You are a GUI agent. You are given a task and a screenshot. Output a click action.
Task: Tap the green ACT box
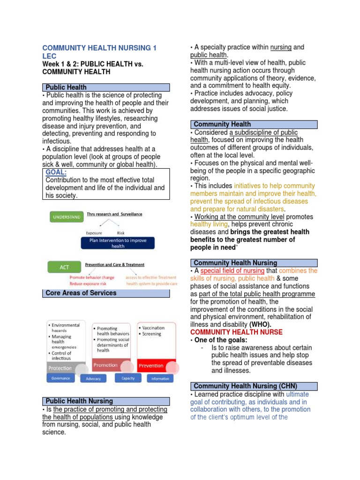(64, 267)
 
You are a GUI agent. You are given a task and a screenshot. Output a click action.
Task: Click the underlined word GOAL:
(56, 172)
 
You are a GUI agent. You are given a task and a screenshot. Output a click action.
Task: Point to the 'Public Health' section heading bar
(106, 87)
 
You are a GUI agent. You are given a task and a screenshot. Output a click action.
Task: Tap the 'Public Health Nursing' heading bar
(106, 401)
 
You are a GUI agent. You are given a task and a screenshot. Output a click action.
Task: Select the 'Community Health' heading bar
(254, 124)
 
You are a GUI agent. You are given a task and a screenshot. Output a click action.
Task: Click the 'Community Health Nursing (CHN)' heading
(254, 386)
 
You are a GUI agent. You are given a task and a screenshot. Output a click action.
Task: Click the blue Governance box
(60, 378)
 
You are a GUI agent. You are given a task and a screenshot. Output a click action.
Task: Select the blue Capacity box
(127, 378)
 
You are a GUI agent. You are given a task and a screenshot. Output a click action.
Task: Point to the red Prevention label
(151, 366)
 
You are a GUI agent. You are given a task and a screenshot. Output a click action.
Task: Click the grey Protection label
(60, 368)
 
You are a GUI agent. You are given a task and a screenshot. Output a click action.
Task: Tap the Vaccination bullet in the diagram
(153, 328)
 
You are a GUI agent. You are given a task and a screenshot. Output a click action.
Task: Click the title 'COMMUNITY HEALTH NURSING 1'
(99, 48)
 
